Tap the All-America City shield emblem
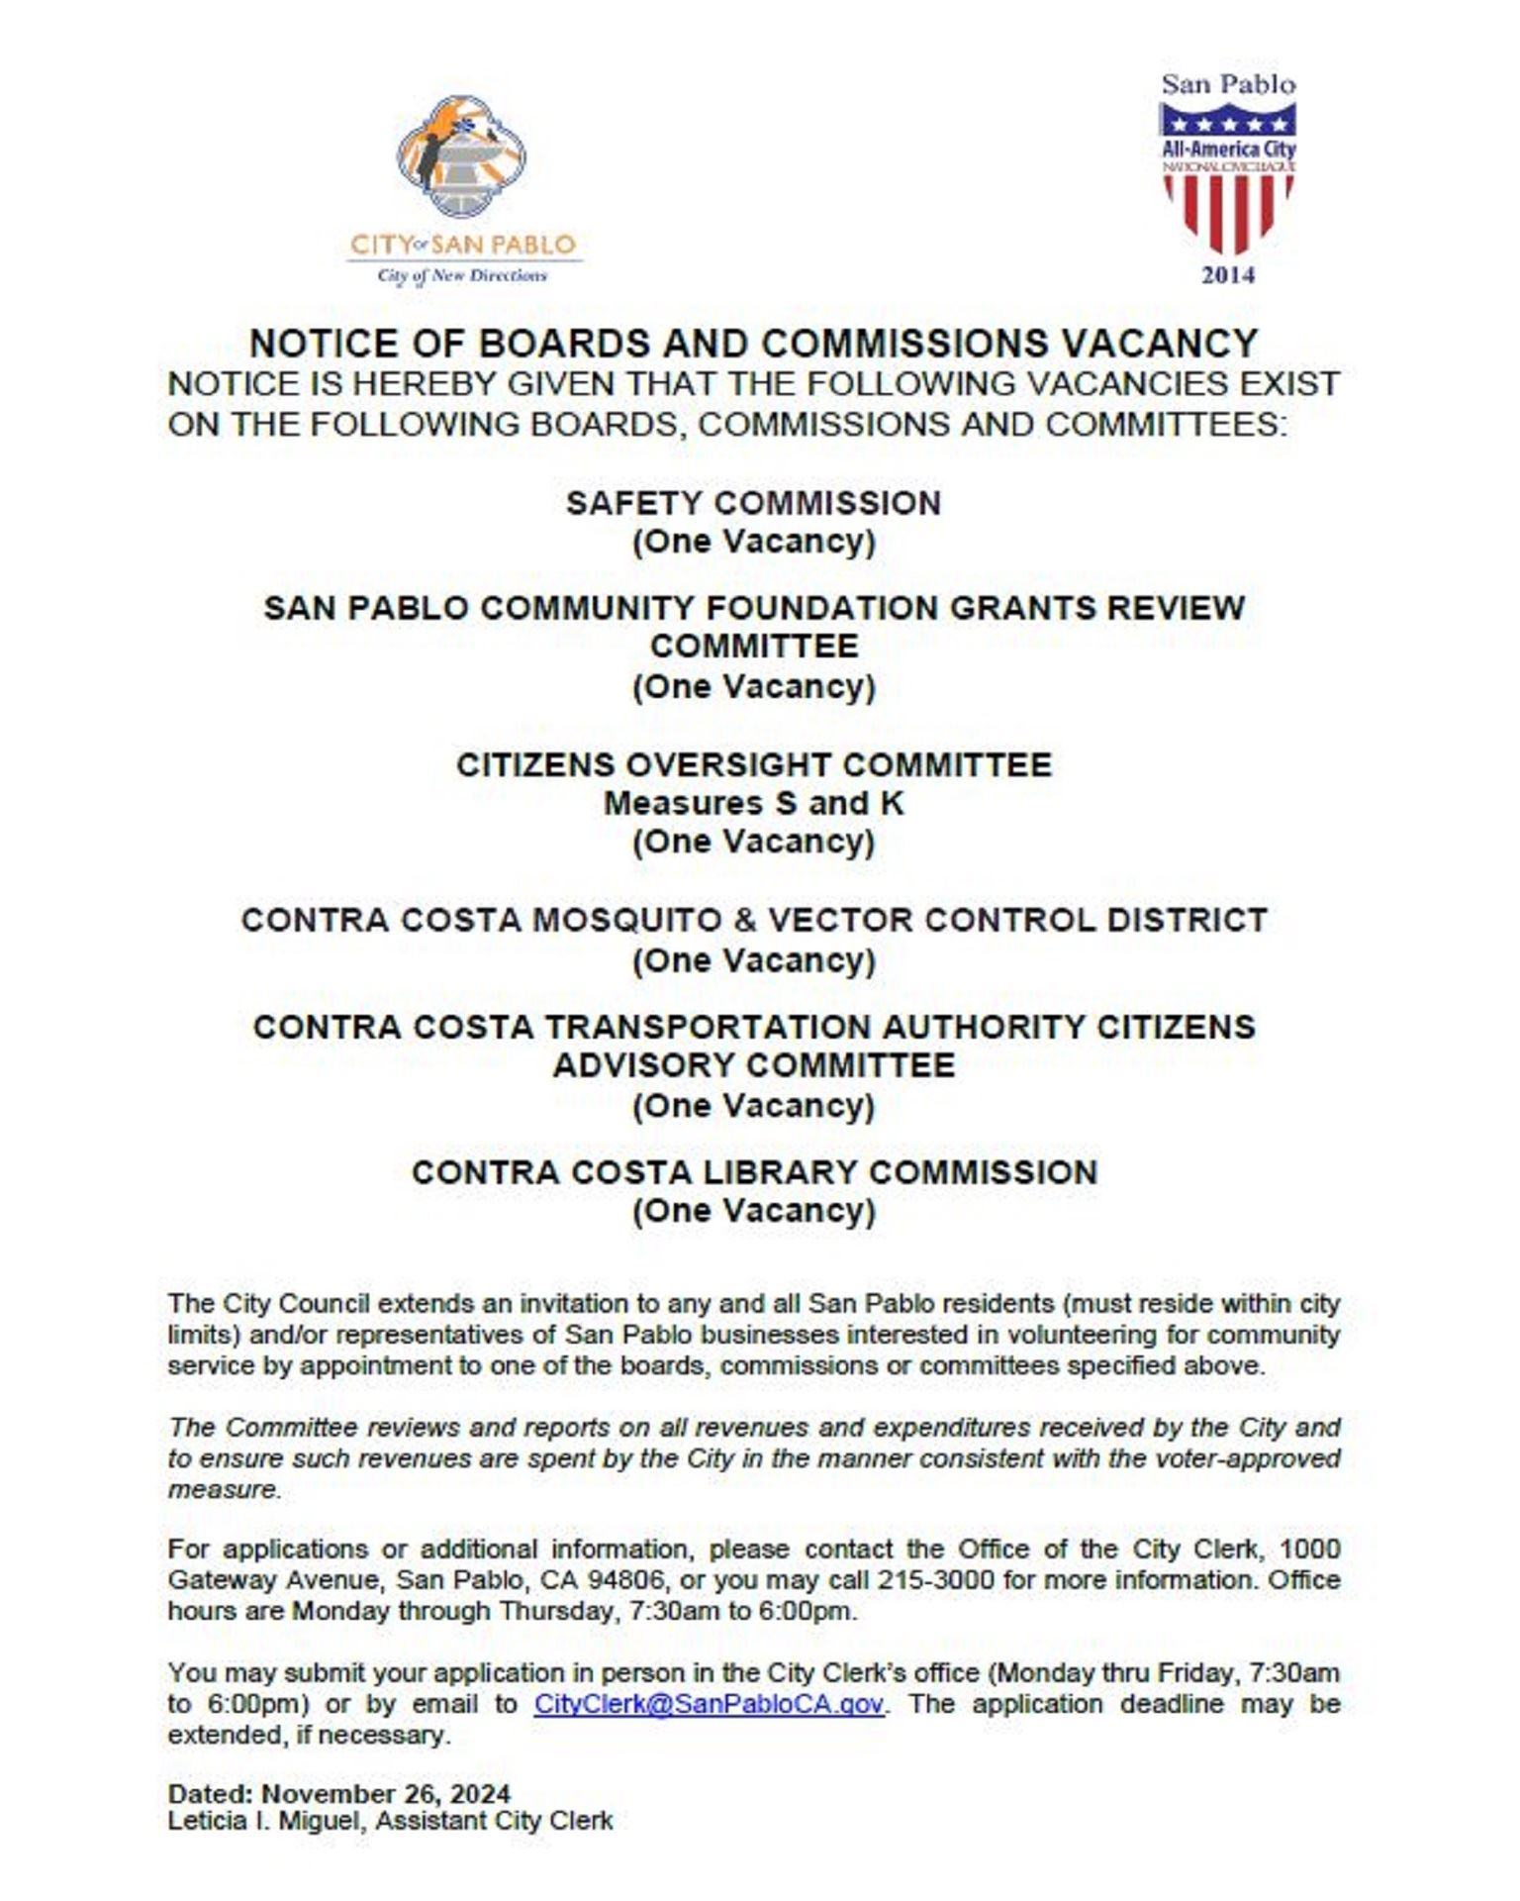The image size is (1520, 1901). point(1227,178)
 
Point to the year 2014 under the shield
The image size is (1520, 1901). point(1228,275)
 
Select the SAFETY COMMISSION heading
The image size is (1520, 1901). point(753,503)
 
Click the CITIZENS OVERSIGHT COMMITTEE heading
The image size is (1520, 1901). point(753,765)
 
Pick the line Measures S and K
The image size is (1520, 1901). point(753,803)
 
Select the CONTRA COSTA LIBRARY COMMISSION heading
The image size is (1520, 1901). point(754,1172)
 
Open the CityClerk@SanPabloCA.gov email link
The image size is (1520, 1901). point(709,1704)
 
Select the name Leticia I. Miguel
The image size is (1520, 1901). point(264,1821)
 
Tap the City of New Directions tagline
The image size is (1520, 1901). point(461,276)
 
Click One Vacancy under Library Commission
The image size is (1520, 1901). point(753,1211)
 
